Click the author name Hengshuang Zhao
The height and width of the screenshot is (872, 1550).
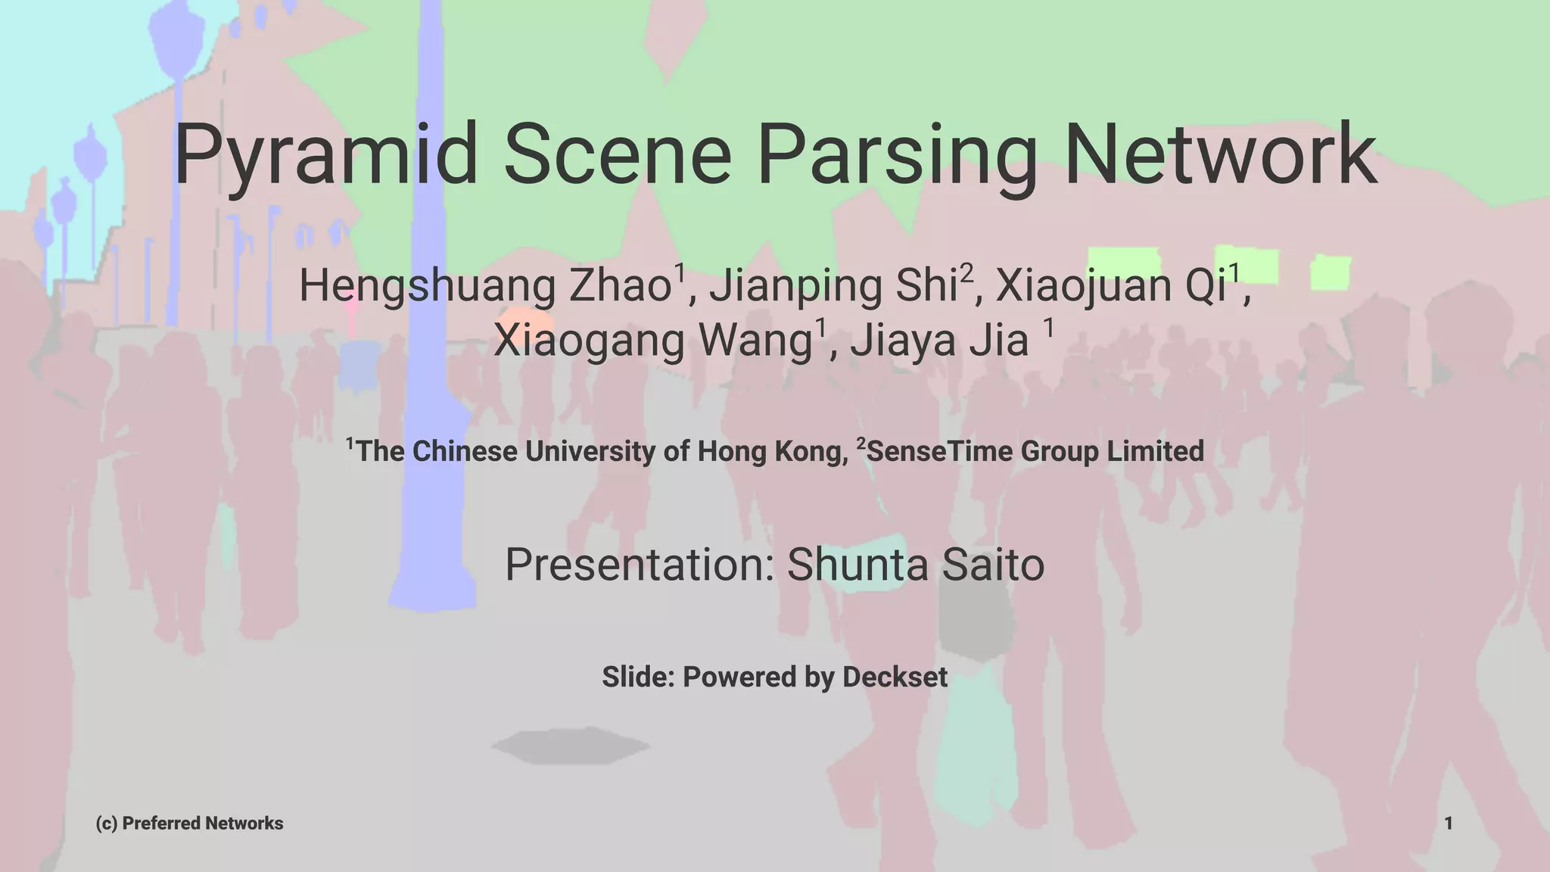pyautogui.click(x=485, y=286)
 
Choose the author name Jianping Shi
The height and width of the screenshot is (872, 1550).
pyautogui.click(x=833, y=286)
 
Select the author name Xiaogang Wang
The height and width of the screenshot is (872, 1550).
pyautogui.click(x=652, y=340)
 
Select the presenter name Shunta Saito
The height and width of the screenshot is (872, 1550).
pyautogui.click(x=916, y=565)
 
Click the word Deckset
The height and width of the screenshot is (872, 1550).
pyautogui.click(x=895, y=677)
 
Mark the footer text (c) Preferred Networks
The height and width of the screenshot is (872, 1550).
pyautogui.click(x=189, y=824)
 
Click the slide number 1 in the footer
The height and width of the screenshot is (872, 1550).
pyautogui.click(x=1448, y=824)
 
